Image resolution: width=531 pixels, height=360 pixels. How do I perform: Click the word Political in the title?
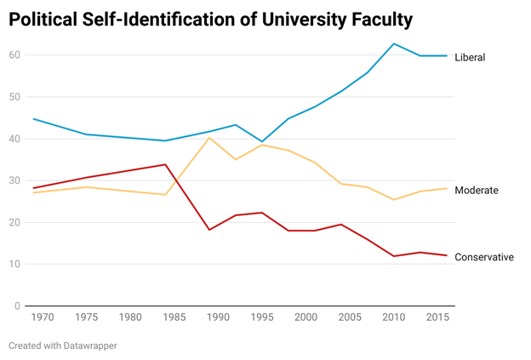click(45, 20)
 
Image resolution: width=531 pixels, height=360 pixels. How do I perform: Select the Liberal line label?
click(470, 57)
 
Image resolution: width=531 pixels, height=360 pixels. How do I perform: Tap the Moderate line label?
click(477, 190)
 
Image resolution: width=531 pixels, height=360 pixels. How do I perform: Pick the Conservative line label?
click(484, 257)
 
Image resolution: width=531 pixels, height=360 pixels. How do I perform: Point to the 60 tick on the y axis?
click(14, 55)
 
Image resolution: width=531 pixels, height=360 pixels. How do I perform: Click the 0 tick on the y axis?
click(17, 306)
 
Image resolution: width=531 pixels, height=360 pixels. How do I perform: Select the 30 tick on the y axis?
click(14, 180)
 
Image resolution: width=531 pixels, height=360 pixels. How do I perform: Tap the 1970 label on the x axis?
click(42, 317)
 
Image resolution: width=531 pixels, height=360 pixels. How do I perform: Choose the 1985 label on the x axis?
click(174, 317)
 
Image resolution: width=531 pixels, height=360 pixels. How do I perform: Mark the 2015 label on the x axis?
click(438, 317)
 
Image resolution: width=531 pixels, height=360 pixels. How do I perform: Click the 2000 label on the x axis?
click(306, 317)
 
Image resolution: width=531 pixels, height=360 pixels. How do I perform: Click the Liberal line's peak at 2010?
click(394, 43)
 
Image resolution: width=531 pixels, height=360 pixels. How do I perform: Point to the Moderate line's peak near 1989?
click(209, 138)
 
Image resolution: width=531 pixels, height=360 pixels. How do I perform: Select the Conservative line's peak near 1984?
click(166, 164)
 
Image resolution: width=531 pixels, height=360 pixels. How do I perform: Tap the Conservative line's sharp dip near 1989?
click(209, 230)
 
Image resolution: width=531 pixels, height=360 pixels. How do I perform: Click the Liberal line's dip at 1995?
click(263, 141)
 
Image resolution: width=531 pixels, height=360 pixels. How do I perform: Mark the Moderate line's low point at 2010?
click(394, 200)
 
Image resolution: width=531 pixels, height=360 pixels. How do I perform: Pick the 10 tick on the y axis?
click(14, 264)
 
